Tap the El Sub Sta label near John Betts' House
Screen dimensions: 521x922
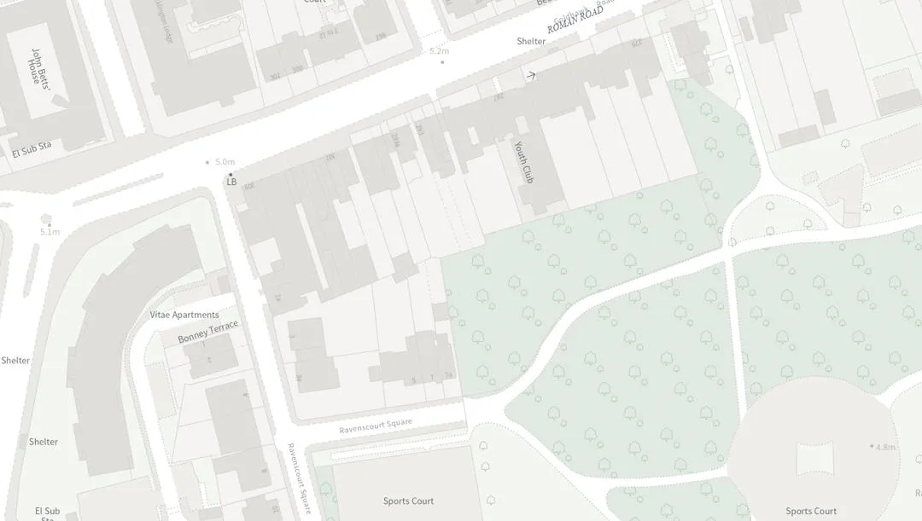[32, 150]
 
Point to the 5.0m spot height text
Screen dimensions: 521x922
[225, 162]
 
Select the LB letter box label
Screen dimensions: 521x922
[231, 182]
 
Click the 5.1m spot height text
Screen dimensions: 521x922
[50, 232]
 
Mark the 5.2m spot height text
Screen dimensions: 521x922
[439, 51]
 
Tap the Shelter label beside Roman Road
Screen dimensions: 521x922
[530, 41]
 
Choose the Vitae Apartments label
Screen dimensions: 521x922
[184, 315]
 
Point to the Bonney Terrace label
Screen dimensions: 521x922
[207, 333]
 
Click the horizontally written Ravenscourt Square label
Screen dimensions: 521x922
[376, 425]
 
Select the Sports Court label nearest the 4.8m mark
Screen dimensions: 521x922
[811, 511]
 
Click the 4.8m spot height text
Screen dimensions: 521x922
[885, 447]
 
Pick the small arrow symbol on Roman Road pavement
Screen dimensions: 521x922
[530, 76]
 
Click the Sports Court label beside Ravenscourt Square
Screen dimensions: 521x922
[408, 501]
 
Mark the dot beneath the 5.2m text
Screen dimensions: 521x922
[441, 62]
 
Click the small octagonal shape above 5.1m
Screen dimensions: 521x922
[46, 218]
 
